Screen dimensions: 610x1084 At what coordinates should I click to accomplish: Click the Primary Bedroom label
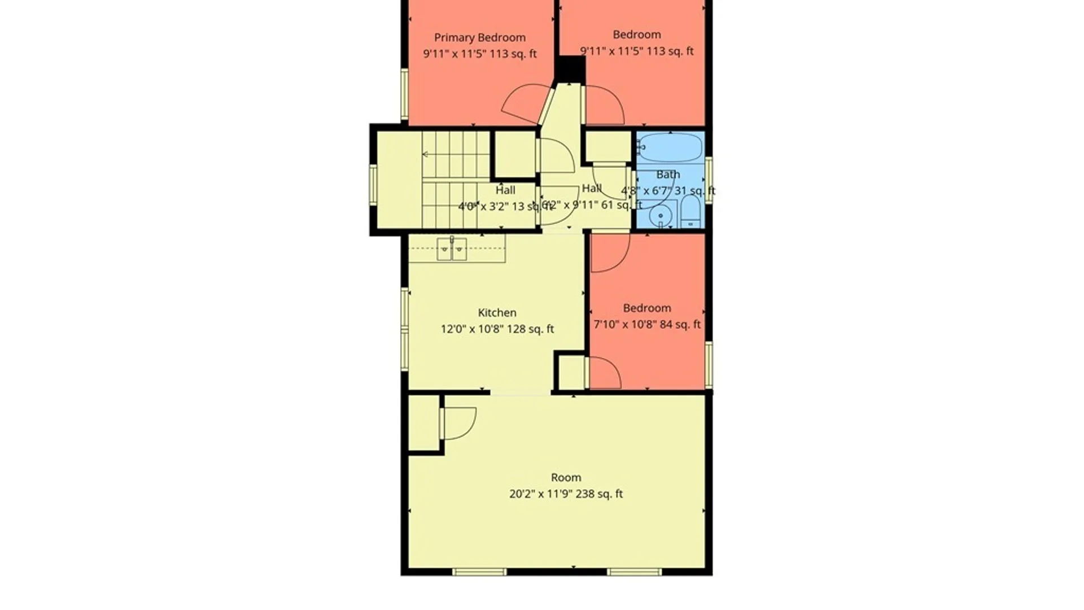[x=479, y=38]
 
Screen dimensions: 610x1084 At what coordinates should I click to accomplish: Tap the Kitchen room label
[x=497, y=313]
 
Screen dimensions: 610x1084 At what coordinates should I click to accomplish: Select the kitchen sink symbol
[x=452, y=249]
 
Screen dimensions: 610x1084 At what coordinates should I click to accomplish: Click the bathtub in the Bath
[x=670, y=147]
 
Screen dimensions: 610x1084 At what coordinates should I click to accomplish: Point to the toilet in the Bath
[x=690, y=213]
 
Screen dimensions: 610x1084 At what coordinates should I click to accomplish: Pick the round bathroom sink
[x=660, y=216]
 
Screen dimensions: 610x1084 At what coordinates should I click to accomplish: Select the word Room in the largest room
[x=566, y=478]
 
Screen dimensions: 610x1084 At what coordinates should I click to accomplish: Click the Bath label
[x=668, y=175]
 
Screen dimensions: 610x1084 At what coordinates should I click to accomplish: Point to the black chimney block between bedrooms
[x=570, y=69]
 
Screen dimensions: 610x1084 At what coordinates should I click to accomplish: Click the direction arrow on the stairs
[x=426, y=154]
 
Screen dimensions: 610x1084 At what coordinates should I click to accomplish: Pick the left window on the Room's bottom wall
[x=479, y=572]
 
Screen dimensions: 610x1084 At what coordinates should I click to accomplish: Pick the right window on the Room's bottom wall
[x=634, y=572]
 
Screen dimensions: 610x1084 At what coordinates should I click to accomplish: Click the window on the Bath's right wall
[x=709, y=180]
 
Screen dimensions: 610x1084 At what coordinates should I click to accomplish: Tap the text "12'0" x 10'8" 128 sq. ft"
[x=497, y=329]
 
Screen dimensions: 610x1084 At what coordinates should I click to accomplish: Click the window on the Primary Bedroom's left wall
[x=404, y=94]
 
